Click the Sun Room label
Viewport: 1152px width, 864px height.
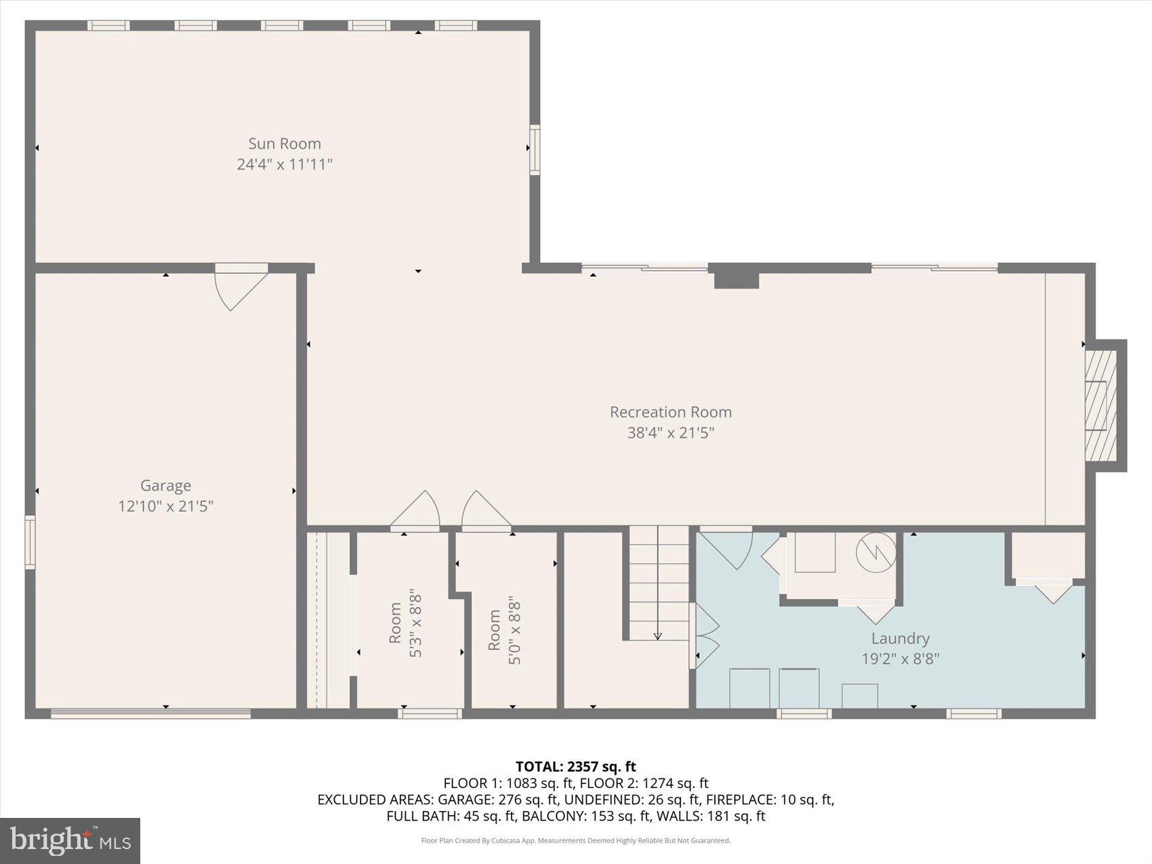pyautogui.click(x=284, y=144)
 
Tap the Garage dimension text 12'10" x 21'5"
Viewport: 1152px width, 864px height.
pyautogui.click(x=165, y=506)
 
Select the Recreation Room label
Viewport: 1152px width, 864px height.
pyautogui.click(x=670, y=412)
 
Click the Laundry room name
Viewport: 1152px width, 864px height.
pyautogui.click(x=900, y=638)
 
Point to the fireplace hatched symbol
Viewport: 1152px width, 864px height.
pyautogui.click(x=1100, y=406)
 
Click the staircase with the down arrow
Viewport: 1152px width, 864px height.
pyautogui.click(x=657, y=583)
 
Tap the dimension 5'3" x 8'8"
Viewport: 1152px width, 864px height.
pyautogui.click(x=415, y=625)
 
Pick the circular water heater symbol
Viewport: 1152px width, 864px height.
pyautogui.click(x=876, y=553)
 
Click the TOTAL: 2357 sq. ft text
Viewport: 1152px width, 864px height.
pyautogui.click(x=575, y=766)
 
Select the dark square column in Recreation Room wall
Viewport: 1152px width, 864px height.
pyautogui.click(x=736, y=278)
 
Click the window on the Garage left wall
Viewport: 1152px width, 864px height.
pyautogui.click(x=30, y=542)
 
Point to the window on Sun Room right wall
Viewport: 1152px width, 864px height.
pyautogui.click(x=535, y=150)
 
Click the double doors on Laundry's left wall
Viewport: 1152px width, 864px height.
pyautogui.click(x=703, y=635)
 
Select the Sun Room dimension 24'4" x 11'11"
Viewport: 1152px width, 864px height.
pyautogui.click(x=284, y=164)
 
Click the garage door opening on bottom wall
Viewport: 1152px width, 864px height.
pyautogui.click(x=150, y=713)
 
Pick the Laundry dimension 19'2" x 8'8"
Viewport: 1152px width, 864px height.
pyautogui.click(x=900, y=659)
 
